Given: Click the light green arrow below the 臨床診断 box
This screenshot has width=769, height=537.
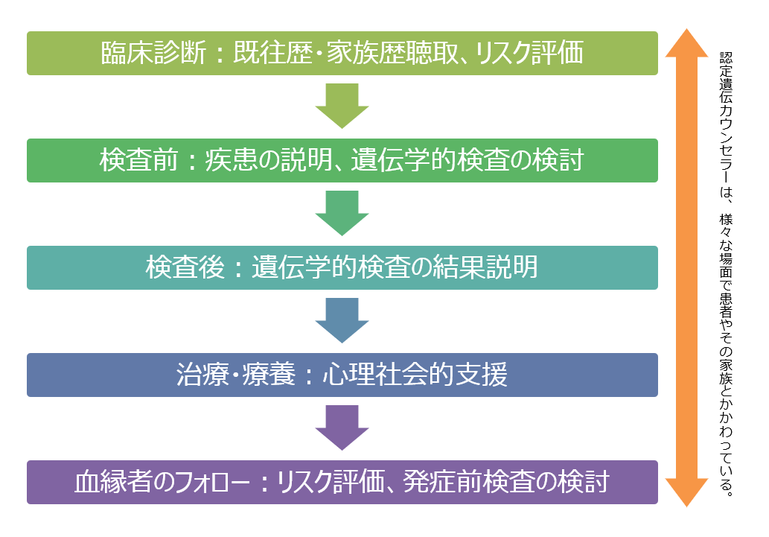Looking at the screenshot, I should click(342, 105).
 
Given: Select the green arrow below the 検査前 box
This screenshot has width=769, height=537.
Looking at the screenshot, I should click(342, 212).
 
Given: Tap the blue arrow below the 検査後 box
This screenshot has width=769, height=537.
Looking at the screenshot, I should click(342, 320).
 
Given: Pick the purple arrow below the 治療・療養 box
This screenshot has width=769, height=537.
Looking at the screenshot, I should click(342, 427).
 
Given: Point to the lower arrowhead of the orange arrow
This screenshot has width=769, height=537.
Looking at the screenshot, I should click(686, 492).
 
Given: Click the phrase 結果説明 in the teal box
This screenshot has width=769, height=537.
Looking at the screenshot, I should click(485, 267).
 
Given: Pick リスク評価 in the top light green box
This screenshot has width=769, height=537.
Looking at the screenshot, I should click(528, 53).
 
